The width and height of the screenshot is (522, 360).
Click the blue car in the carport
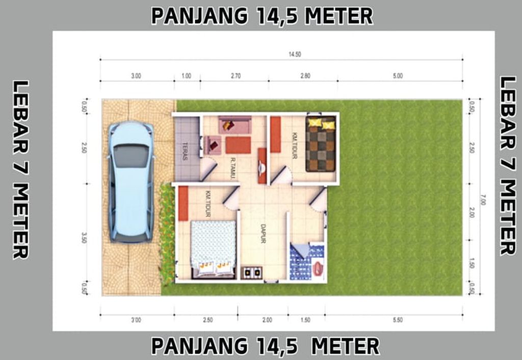click(x=131, y=181)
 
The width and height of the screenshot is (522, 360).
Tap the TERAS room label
click(x=185, y=151)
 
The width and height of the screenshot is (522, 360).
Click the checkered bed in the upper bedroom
click(x=321, y=144)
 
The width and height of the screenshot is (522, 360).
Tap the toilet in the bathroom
click(x=318, y=268)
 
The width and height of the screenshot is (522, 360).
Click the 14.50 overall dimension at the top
click(x=294, y=54)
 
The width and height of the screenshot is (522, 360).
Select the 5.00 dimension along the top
click(x=398, y=76)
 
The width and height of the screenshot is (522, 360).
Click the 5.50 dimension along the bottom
click(x=398, y=320)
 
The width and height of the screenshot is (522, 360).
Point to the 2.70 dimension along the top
click(x=236, y=76)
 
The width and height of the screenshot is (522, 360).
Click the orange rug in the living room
click(x=238, y=145)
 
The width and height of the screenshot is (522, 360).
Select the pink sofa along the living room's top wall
click(x=234, y=124)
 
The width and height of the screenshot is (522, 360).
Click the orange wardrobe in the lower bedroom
click(x=183, y=203)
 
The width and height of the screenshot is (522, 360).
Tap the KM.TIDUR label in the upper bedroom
click(x=294, y=146)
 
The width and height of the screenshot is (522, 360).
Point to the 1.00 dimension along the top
click(x=186, y=76)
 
